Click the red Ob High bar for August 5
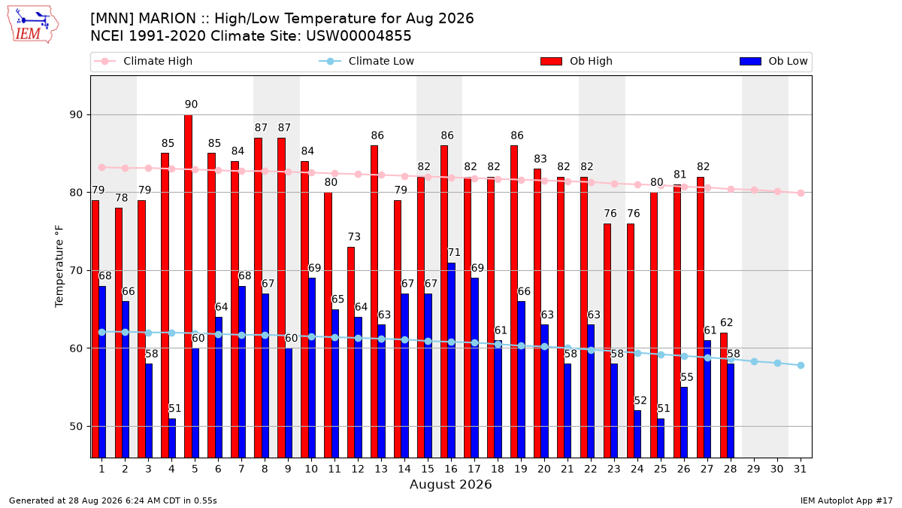pyautogui.click(x=189, y=286)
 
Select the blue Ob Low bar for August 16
pyautogui.click(x=452, y=360)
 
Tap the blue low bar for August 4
pyautogui.click(x=172, y=438)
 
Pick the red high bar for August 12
pyautogui.click(x=351, y=352)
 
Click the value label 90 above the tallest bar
pyautogui.click(x=191, y=105)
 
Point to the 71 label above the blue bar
pyautogui.click(x=454, y=252)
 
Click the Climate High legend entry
pyautogui.click(x=144, y=61)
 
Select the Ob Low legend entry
pyautogui.click(x=773, y=61)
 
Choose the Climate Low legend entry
pyautogui.click(x=367, y=61)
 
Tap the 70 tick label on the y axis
pyautogui.click(x=76, y=270)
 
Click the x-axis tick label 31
pyautogui.click(x=800, y=469)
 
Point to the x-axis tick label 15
pyautogui.click(x=428, y=469)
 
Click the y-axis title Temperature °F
pyautogui.click(x=59, y=266)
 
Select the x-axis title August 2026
pyautogui.click(x=450, y=484)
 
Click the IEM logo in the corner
pyautogui.click(x=32, y=25)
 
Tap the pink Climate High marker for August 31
pyautogui.click(x=801, y=193)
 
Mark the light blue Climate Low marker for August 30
pyautogui.click(x=777, y=364)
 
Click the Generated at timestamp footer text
pyautogui.click(x=113, y=500)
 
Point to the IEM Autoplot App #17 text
pyautogui.click(x=846, y=500)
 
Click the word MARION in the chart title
pyautogui.click(x=167, y=19)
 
